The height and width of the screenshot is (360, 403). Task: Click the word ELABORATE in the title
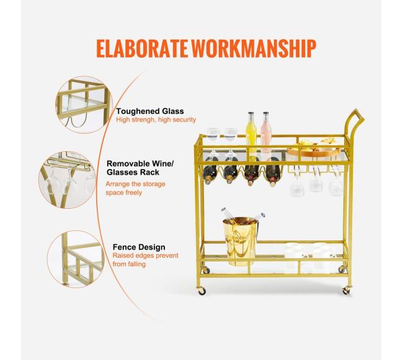coord(142,48)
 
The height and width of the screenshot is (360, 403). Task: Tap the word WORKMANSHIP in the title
coord(254,48)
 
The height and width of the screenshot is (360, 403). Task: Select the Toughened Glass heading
coord(150,111)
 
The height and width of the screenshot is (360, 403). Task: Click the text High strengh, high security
coord(156,120)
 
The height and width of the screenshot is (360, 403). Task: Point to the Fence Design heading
coord(139,247)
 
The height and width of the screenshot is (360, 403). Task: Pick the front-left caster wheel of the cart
coord(201,291)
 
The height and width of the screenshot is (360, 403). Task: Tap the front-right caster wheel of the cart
coord(347,290)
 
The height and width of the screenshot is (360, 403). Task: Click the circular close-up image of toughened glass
coord(84,105)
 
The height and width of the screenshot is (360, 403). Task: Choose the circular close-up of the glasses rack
coord(68,180)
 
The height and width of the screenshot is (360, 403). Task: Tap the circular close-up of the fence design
coord(76,259)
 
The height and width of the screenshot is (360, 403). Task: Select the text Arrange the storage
coord(135,184)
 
